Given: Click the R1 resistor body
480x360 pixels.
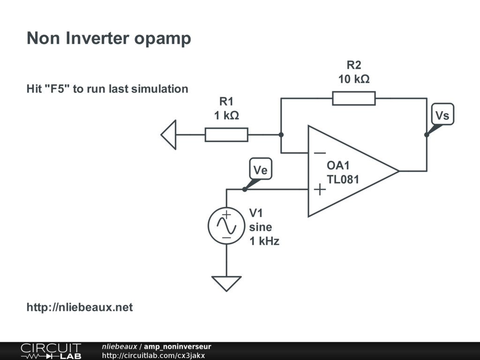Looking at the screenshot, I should click(x=226, y=135).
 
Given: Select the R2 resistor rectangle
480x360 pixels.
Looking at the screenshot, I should click(x=353, y=98).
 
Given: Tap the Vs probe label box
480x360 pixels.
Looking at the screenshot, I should click(x=442, y=115).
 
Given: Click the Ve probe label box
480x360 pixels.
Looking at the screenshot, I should click(x=260, y=170).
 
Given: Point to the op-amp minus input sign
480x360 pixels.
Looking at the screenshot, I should click(x=320, y=153).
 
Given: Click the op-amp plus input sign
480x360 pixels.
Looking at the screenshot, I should click(x=320, y=189).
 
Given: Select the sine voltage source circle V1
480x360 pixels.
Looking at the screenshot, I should click(x=226, y=226).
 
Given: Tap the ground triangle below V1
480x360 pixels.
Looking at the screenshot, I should click(x=226, y=283).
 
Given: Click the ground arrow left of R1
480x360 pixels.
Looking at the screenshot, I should click(x=169, y=135).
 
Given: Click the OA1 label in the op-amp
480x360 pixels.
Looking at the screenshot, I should click(x=338, y=166).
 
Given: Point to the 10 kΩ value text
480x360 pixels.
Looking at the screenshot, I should click(x=354, y=79).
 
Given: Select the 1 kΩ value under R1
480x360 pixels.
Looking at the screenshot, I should click(x=226, y=115).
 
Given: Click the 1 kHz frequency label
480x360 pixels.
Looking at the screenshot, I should click(x=264, y=241).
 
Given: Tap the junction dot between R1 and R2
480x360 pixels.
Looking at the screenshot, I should click(x=281, y=135).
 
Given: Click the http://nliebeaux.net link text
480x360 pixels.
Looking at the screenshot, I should click(x=80, y=307).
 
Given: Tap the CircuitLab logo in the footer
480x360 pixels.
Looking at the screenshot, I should click(x=51, y=351).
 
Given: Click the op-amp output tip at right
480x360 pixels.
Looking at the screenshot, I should click(x=398, y=171).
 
